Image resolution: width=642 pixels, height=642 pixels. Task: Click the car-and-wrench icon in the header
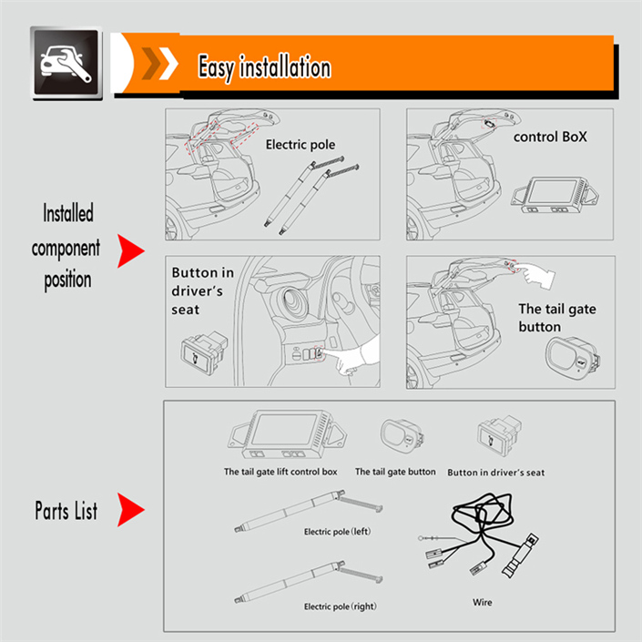point(66,63)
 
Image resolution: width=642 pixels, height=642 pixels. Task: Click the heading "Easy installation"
point(264,67)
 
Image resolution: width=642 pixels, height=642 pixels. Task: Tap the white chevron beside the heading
point(168,64)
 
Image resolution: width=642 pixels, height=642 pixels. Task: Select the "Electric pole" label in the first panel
point(301,145)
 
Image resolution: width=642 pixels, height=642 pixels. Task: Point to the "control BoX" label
point(550,137)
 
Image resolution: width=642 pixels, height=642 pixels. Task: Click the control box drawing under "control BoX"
point(555,195)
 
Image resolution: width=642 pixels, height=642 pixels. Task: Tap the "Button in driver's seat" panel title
point(203,290)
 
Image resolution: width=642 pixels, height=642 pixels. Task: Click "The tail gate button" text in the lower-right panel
point(556,318)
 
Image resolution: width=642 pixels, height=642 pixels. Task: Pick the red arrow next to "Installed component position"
point(130,250)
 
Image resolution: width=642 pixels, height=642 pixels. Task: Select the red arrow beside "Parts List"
point(130,509)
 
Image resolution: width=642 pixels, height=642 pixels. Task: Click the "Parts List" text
point(66,511)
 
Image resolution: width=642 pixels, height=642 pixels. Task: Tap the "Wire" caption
point(483,602)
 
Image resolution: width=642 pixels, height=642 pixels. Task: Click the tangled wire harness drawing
point(479,535)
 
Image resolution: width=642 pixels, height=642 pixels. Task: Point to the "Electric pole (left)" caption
point(337,532)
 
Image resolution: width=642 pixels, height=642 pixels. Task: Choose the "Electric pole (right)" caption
point(340,606)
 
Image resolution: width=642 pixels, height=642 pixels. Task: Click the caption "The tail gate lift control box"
point(280,472)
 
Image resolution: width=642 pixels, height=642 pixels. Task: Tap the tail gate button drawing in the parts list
point(403,435)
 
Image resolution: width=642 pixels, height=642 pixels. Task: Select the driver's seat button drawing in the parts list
point(499,435)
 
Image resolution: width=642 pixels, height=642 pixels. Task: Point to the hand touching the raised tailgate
point(535,276)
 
